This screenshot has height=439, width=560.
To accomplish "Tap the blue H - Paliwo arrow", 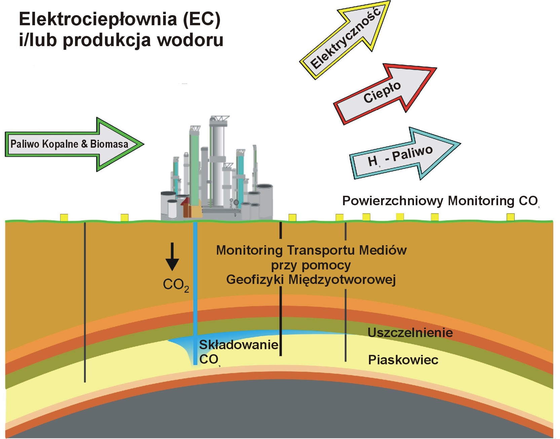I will pyautogui.click(x=404, y=155).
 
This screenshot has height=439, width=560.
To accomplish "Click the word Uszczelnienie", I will pyautogui.click(x=410, y=333).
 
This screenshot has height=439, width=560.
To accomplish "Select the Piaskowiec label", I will pyautogui.click(x=403, y=360).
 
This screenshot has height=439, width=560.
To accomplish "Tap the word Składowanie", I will pyautogui.click(x=238, y=345).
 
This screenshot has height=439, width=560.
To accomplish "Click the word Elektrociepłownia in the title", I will pyautogui.click(x=98, y=19).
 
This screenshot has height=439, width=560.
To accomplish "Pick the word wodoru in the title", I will pyautogui.click(x=190, y=40).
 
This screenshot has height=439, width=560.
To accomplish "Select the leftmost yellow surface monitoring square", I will pyautogui.click(x=64, y=218).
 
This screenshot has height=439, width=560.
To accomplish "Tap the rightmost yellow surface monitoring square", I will pyautogui.click(x=510, y=217).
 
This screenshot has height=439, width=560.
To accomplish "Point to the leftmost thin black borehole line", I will pyautogui.click(x=85, y=303).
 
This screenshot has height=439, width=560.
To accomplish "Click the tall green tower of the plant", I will pyautogui.click(x=194, y=168).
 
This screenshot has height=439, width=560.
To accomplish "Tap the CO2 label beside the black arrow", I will pyautogui.click(x=176, y=285).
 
